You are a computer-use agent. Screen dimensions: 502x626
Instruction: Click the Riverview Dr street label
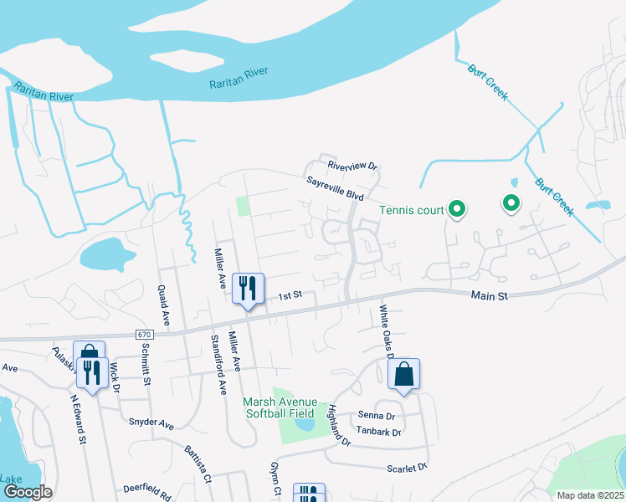(353, 165)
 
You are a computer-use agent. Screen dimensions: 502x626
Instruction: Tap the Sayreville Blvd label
(334, 187)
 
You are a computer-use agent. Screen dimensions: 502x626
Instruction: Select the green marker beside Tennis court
(457, 209)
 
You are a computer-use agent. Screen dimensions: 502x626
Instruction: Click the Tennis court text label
(411, 210)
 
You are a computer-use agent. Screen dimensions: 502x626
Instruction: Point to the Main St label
(490, 295)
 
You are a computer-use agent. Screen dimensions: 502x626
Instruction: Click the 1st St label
(290, 295)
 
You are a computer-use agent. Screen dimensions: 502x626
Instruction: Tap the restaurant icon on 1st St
(247, 289)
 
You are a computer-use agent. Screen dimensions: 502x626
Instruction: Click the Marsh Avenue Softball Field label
(278, 407)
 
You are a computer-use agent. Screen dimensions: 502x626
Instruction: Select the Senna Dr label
(377, 415)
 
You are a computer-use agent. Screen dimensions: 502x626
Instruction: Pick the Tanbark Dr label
(379, 433)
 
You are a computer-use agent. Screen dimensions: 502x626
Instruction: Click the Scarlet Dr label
(407, 468)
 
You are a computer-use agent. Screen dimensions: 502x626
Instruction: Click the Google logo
(28, 493)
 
